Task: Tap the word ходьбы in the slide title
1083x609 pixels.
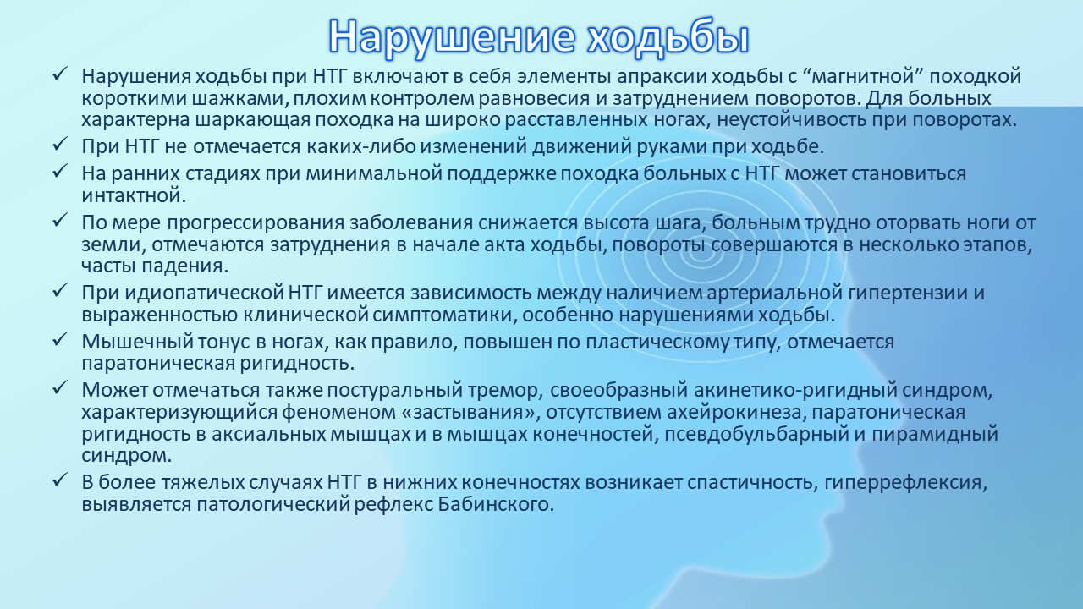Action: coord(668,36)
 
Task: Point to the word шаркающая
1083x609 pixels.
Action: coord(252,120)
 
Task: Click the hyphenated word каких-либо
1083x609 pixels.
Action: coord(360,146)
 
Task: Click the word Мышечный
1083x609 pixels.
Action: coord(137,342)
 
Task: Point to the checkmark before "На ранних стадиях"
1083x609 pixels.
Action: coord(59,172)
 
